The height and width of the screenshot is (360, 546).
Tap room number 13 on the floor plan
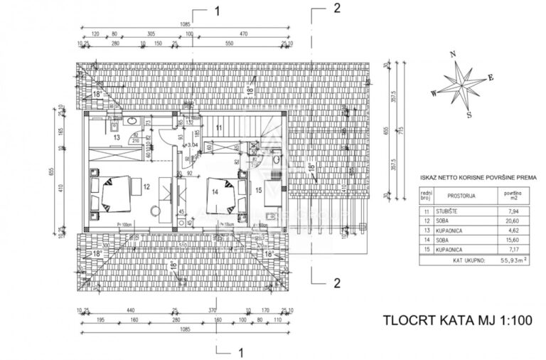pyautogui.click(x=116, y=137)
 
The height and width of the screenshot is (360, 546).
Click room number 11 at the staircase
pyautogui.click(x=220, y=127)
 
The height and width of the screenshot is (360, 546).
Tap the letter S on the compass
pyautogui.click(x=469, y=114)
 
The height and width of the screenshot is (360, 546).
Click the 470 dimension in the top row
pyautogui.click(x=243, y=33)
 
